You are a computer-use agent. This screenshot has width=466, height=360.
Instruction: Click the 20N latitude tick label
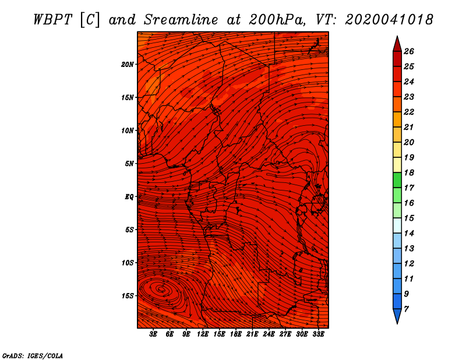coord(127,65)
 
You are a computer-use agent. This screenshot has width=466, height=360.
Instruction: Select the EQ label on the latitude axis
coord(129,197)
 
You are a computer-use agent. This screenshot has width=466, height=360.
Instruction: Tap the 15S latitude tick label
coord(128,296)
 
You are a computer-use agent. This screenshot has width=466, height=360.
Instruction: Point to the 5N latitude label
coord(129,164)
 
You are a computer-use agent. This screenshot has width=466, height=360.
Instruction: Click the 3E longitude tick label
coord(153,334)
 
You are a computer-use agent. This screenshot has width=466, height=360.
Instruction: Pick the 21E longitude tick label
coord(252,334)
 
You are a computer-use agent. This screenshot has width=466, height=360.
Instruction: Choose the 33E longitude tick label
coord(318,334)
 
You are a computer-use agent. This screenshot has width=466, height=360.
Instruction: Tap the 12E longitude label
coord(202,334)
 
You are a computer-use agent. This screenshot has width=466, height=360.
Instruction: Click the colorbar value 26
coord(409,51)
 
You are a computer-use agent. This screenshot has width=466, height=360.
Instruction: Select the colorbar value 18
coord(409,172)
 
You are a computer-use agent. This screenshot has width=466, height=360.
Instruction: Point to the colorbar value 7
coord(406,309)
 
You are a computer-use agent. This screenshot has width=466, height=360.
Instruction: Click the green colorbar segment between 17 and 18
coord(397,180)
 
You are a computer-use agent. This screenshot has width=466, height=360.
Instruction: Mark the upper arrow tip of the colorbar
coord(397,36)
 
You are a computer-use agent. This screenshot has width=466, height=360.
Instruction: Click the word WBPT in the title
coord(53,20)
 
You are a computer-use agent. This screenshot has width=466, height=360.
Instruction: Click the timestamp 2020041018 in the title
coord(389,20)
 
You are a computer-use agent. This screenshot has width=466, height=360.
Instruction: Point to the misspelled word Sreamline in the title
coord(181,20)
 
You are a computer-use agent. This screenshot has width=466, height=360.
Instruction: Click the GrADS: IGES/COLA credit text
coord(33,355)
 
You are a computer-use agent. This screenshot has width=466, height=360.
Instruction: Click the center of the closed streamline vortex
coord(161,289)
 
